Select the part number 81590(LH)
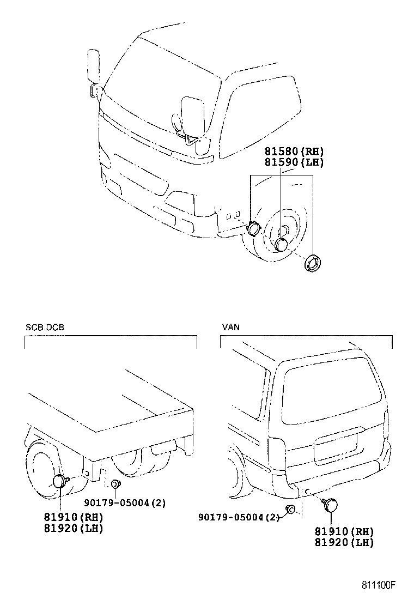coord(294,162)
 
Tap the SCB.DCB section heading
coord(45,328)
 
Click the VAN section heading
coord(231,328)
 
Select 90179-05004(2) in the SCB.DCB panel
coord(125,503)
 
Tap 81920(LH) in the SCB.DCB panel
coord(74,528)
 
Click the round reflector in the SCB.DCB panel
coord(59,481)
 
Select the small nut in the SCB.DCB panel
coord(115,483)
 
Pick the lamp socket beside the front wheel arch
coord(253,228)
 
